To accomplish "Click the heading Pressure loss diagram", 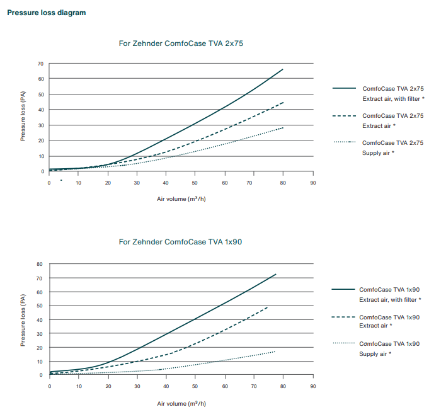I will [46, 13].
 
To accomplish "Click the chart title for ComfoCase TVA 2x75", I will [181, 43].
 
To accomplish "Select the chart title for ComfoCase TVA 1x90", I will [181, 242].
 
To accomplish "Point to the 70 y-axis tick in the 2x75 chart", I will [40, 64].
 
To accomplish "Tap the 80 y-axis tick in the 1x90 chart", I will [40, 264].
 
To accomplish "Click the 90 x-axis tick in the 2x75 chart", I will [312, 183].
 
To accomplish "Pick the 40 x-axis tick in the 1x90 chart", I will [166, 386].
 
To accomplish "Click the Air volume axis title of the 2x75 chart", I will [181, 198].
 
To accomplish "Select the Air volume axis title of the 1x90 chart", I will [181, 403].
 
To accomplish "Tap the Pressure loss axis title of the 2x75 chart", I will [23, 116].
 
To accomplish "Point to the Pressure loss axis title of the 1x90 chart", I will [23, 319].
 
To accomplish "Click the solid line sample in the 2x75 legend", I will [344, 89].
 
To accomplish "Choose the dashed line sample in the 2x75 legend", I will [344, 116].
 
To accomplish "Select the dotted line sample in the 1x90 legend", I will [344, 343].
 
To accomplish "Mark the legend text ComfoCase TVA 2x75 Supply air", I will [392, 147].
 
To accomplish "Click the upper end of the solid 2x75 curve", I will [283, 69].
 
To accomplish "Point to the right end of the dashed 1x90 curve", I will [268, 307].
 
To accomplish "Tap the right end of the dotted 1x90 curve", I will [275, 352].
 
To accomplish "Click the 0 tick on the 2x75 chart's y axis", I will [42, 171].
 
